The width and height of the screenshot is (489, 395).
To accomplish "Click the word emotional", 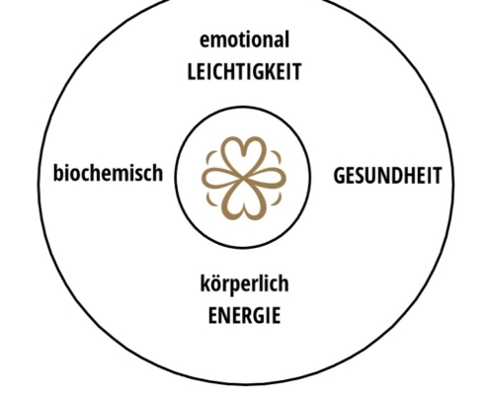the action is click(244, 39).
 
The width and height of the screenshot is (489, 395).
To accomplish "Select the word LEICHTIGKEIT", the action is click(244, 72).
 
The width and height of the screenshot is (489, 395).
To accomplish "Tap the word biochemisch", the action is click(108, 173).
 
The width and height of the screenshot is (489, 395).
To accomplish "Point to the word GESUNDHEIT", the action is click(387, 176).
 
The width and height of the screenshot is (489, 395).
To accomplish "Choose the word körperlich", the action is click(244, 283).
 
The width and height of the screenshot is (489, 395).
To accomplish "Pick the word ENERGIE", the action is click(244, 315).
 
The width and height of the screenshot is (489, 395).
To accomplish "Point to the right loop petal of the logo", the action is click(266, 178).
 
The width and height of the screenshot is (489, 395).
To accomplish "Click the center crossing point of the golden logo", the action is click(244, 178).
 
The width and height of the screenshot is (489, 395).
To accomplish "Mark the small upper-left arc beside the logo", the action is click(210, 157).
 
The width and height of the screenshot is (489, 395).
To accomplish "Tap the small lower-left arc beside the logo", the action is click(210, 199).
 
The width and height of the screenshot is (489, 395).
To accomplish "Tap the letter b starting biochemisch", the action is click(58, 173).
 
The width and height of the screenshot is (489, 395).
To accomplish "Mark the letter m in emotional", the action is click(218, 40).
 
